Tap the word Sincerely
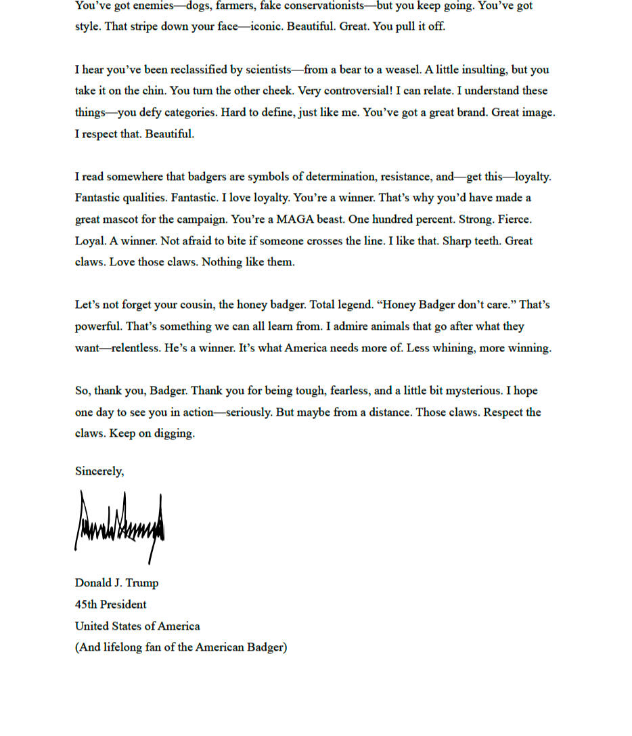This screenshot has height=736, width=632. [99, 471]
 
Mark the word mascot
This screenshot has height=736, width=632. [121, 219]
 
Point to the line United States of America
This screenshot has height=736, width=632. [137, 626]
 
